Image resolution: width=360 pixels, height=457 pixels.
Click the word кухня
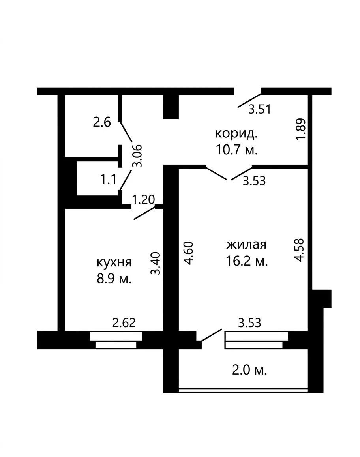coord(114,262)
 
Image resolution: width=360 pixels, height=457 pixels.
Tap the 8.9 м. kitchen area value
coord(114,279)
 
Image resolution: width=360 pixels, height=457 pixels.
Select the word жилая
coord(246,245)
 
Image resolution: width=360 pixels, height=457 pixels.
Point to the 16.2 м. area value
coord(247,261)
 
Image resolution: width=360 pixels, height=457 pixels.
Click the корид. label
coord(236,133)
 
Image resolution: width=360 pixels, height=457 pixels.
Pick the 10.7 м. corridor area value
coord(236,150)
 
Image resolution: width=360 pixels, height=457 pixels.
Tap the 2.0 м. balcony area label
coord(249,371)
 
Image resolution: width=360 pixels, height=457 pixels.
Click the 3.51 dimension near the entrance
coord(260,109)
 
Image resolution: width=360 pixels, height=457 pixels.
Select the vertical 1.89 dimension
coord(300,129)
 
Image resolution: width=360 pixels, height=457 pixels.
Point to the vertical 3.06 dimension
coord(137,156)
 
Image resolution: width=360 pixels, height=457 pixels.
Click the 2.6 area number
coord(102,122)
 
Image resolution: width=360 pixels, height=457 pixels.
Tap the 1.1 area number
coord(109,180)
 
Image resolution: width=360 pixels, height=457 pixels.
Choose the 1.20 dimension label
coord(143,200)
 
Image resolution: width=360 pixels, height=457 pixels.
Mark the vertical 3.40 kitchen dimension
coord(156,263)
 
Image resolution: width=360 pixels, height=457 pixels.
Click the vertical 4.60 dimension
coord(189,253)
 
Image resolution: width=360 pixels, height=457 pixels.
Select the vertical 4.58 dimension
coord(299,250)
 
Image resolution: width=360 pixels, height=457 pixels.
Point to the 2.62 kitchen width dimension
coord(124,323)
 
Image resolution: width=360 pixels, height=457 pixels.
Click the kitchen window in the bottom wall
coord(116,340)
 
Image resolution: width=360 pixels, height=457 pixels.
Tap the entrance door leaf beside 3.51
coord(249,101)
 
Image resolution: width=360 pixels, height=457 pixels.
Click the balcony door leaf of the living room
coord(211,335)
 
